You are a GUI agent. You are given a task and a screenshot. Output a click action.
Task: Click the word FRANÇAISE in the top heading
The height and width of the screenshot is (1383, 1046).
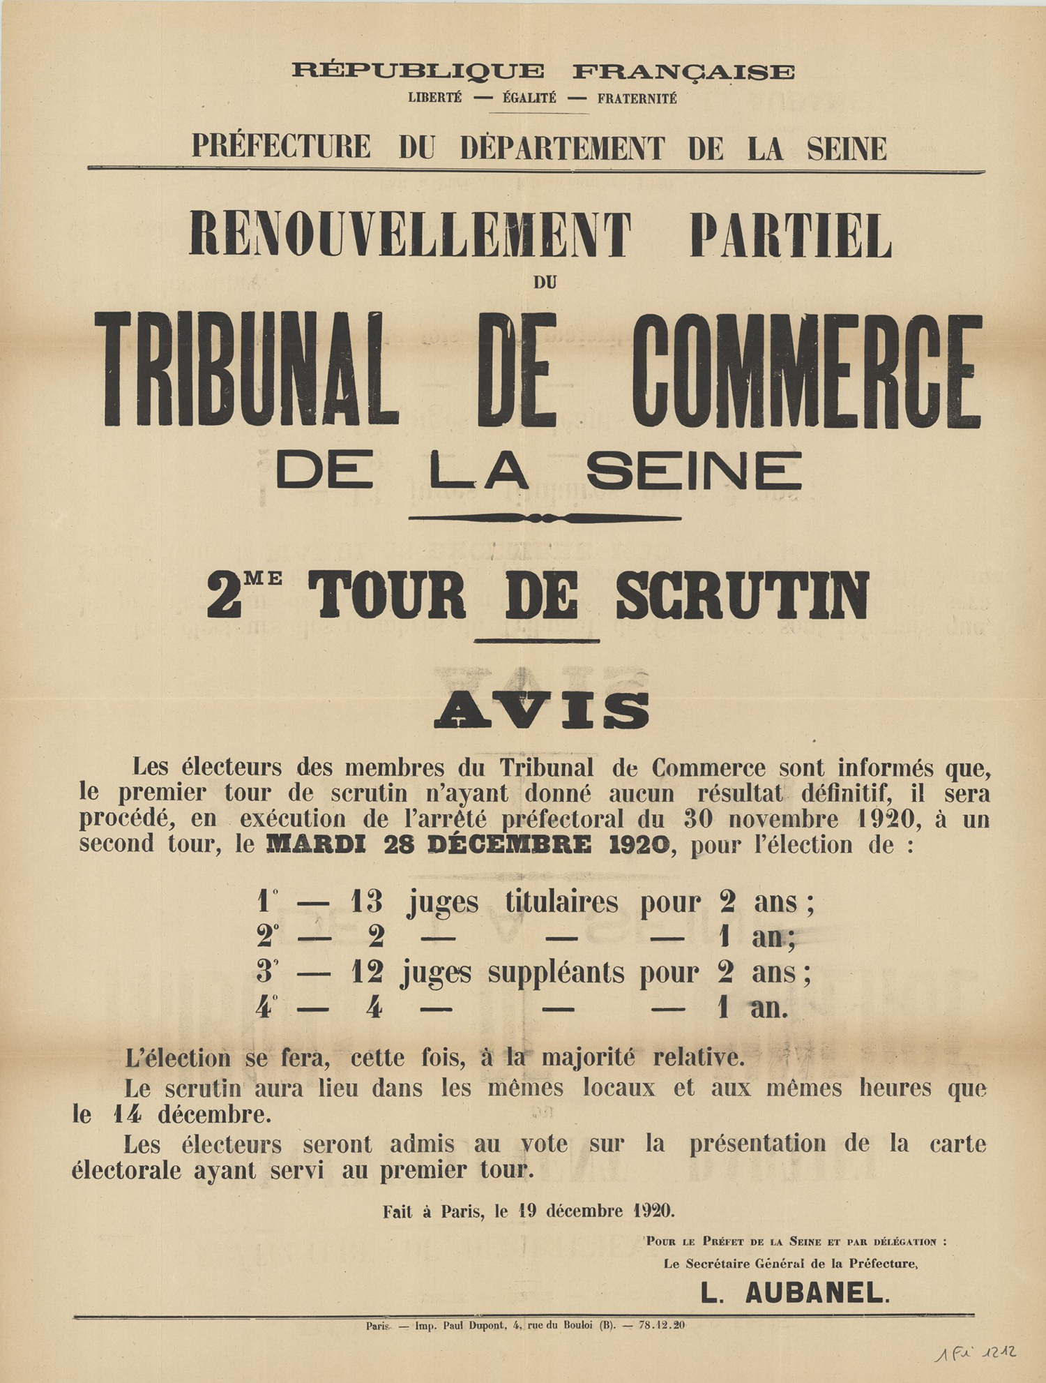pos(683,71)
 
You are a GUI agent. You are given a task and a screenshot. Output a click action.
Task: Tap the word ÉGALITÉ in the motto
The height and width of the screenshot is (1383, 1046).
pos(529,98)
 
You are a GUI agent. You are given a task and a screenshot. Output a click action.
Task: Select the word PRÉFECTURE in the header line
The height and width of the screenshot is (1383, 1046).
pos(281,147)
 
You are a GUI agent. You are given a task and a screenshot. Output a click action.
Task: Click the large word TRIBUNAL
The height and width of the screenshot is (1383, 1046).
pos(245,369)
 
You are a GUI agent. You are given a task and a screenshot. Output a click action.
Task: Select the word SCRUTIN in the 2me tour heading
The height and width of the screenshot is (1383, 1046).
pos(742,595)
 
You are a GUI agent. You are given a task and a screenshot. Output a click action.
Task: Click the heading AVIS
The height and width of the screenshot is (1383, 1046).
pos(541,710)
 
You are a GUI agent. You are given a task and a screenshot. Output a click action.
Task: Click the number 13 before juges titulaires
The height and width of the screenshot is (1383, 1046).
pos(367,902)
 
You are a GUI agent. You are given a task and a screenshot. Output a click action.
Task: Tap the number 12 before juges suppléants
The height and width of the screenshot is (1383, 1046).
pos(367,972)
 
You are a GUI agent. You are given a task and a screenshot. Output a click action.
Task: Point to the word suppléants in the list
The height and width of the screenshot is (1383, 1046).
pos(556,972)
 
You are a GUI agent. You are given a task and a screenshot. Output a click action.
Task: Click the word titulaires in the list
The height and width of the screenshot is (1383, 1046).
pos(561,902)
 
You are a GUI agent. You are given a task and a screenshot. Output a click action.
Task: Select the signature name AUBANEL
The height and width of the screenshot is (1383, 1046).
pos(817,1293)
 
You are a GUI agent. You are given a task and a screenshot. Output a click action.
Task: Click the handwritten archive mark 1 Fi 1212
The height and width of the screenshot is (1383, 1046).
pos(975,1353)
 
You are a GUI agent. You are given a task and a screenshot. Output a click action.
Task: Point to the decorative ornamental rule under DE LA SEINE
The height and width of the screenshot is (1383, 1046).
pos(545,518)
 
